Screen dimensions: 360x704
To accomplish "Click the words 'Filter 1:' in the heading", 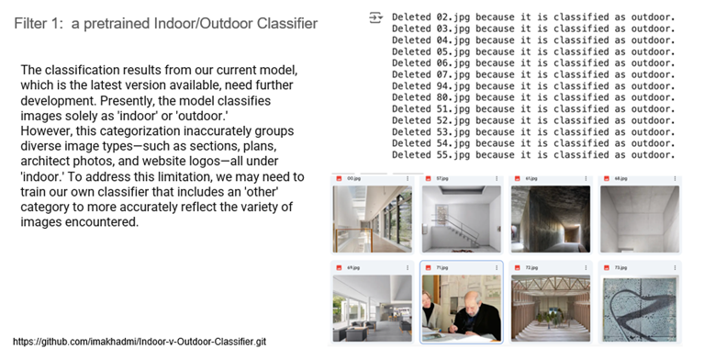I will coord(38,22).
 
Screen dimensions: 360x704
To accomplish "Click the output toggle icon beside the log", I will coord(374,17).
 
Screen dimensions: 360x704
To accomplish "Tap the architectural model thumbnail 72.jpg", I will coord(549,308).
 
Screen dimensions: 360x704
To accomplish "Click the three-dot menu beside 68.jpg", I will coord(674,178).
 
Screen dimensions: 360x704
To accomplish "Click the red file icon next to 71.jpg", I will coord(429,267).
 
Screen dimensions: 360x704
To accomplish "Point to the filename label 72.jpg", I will coord(531,267).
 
